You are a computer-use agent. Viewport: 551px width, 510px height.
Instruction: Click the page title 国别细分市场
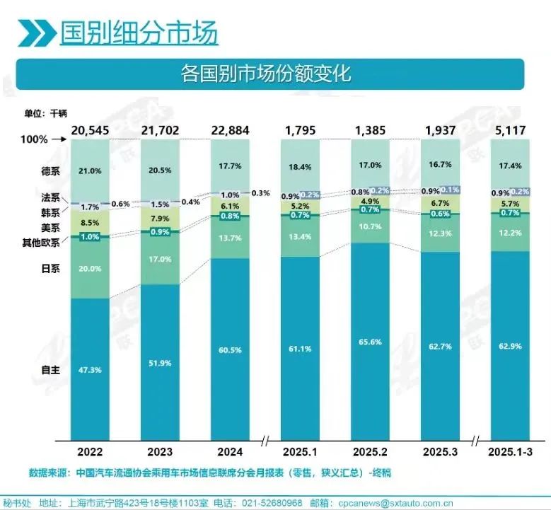(x=138, y=33)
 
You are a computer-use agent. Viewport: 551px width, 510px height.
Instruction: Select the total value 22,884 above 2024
(x=230, y=129)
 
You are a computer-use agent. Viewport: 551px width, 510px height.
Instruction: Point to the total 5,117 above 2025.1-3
(x=510, y=129)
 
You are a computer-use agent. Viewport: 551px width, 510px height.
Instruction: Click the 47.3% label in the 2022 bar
(x=90, y=369)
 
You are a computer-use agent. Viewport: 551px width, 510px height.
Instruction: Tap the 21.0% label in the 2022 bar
(x=90, y=170)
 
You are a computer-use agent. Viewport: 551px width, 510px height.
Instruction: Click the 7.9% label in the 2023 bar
(x=160, y=218)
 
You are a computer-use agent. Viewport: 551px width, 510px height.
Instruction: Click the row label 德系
(x=50, y=170)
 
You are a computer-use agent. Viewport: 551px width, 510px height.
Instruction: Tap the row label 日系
(x=50, y=269)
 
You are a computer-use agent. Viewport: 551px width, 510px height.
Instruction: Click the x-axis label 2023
(x=160, y=451)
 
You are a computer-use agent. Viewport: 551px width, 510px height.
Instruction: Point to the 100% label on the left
(x=35, y=140)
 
